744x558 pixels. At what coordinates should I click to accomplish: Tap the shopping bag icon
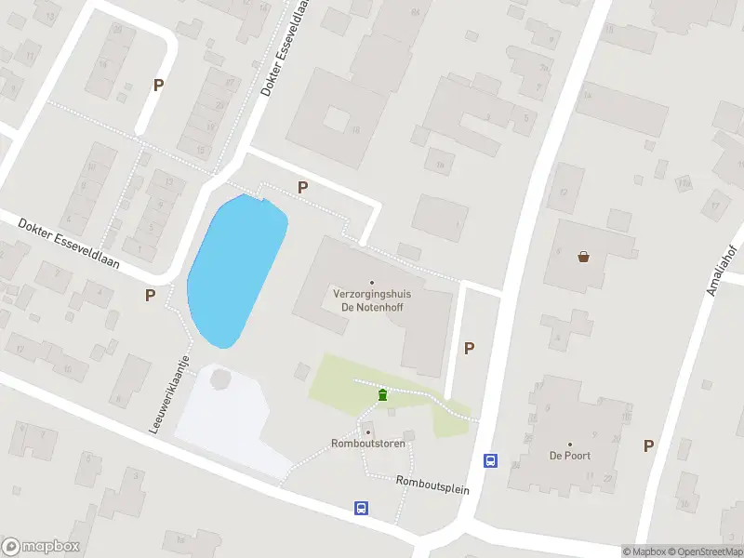click(584, 257)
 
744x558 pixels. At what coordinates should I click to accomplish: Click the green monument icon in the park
click(382, 396)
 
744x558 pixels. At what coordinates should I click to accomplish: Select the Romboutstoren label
click(369, 445)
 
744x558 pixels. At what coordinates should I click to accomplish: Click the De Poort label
click(569, 456)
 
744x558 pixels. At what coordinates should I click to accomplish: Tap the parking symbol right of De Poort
click(648, 445)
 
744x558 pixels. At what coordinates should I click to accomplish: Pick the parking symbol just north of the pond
click(302, 187)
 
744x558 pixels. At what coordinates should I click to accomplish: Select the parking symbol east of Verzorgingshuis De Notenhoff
click(470, 348)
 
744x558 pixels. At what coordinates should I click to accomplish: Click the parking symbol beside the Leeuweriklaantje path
click(150, 295)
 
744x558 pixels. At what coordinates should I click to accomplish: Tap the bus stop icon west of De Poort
click(490, 460)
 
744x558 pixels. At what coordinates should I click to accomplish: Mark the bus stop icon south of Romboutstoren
click(361, 508)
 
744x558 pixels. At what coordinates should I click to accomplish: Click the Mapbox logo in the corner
click(41, 547)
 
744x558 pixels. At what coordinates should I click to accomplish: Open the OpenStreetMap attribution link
click(704, 551)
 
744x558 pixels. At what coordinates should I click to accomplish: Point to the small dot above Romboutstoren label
click(368, 432)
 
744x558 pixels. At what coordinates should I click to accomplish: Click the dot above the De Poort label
click(569, 445)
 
